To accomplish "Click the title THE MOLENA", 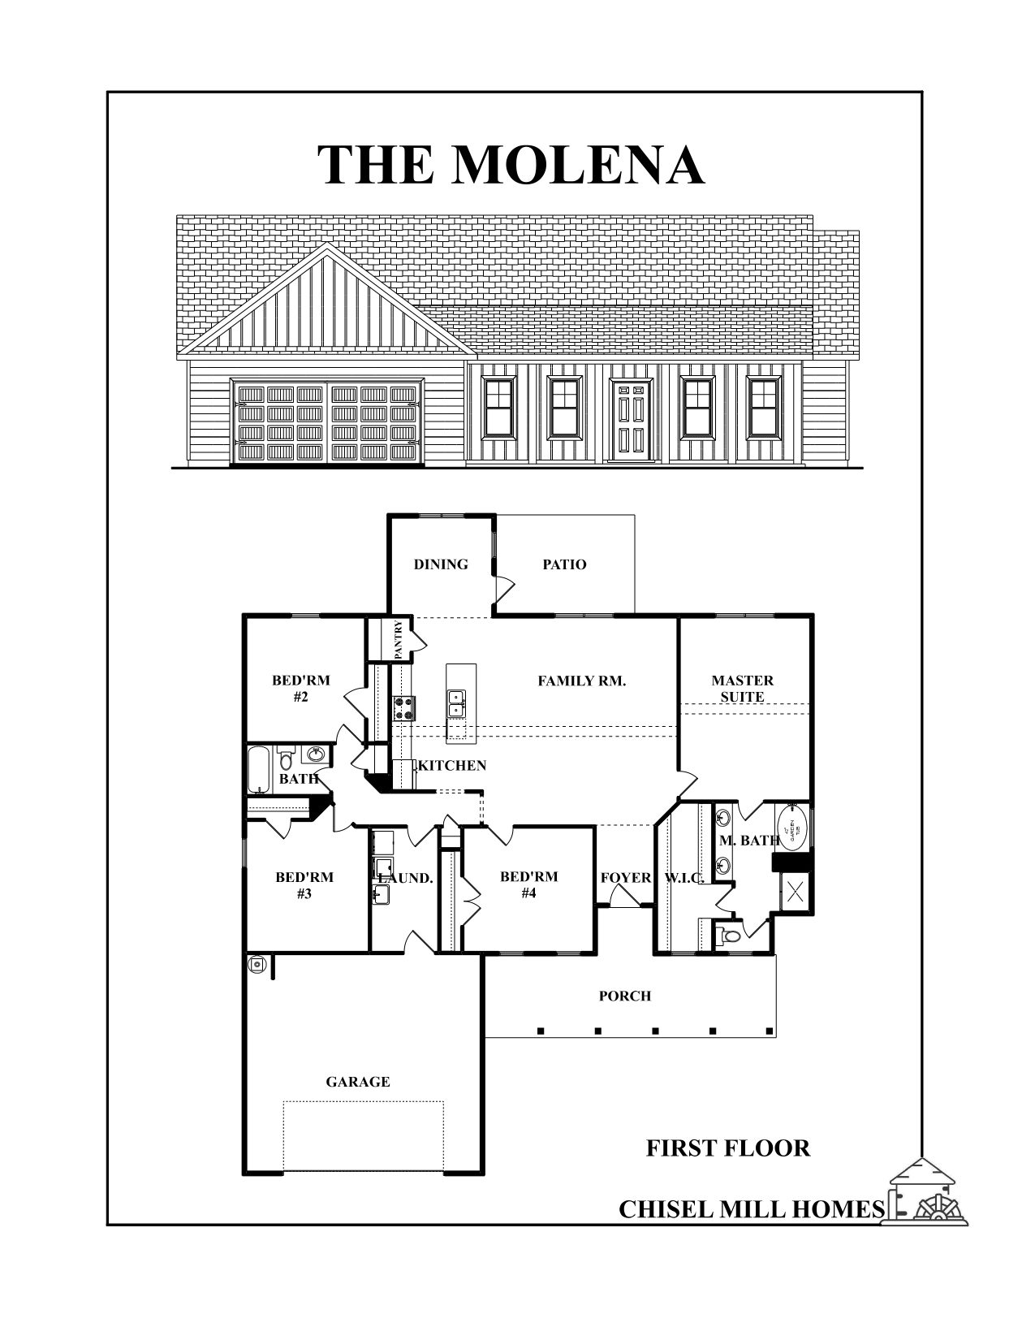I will pyautogui.click(x=510, y=165).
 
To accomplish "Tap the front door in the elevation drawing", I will pyautogui.click(x=632, y=420).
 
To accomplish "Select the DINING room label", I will pyautogui.click(x=441, y=564).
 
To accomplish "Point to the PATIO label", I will pyautogui.click(x=564, y=564).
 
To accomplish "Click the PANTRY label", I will pyautogui.click(x=399, y=639).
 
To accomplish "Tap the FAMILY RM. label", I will pyautogui.click(x=581, y=681).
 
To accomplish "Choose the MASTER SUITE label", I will pyautogui.click(x=742, y=689).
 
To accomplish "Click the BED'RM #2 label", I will pyautogui.click(x=300, y=689).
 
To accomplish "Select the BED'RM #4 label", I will pyautogui.click(x=528, y=884).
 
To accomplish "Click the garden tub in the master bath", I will pyautogui.click(x=793, y=823).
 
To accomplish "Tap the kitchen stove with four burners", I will pyautogui.click(x=404, y=708).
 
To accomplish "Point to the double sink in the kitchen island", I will pyautogui.click(x=457, y=703).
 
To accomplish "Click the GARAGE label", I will pyautogui.click(x=358, y=1082).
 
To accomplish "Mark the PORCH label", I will pyautogui.click(x=625, y=996).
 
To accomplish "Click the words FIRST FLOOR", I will pyautogui.click(x=727, y=1148).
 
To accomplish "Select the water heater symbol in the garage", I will pyautogui.click(x=257, y=964).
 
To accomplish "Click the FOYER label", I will pyautogui.click(x=626, y=878).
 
